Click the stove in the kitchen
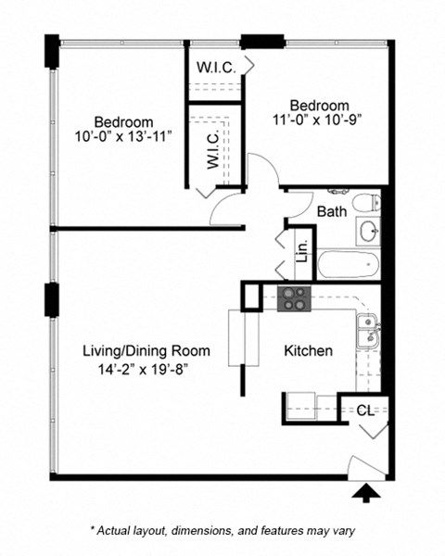[294, 298]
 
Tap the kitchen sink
[367, 328]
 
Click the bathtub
[349, 263]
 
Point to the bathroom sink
[368, 230]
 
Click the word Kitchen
[308, 352]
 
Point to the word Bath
[332, 211]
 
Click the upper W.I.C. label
[215, 67]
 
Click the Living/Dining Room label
[147, 351]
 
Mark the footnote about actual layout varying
[222, 531]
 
